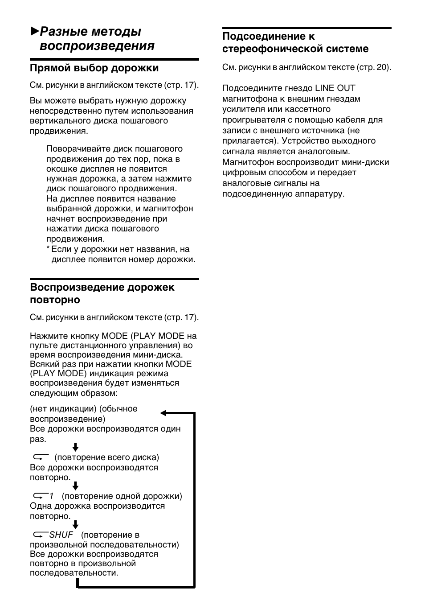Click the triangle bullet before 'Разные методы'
coord(34,31)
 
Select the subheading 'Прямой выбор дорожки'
coord(94,68)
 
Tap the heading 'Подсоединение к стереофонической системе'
coord(295,42)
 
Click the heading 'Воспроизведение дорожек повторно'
coord(102,293)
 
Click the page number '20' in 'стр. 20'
coord(383,67)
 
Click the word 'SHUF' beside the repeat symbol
coord(61,535)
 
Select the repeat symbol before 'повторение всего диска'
coord(40,457)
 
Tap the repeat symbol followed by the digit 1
coord(40,496)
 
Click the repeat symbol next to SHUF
coord(40,535)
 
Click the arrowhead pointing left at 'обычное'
coord(163,413)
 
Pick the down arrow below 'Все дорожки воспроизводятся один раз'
coord(75,447)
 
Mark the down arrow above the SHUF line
coord(75,525)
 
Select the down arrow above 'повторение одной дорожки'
coord(75,486)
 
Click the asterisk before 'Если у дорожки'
coord(48,249)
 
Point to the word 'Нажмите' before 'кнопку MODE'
coord(45,336)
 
